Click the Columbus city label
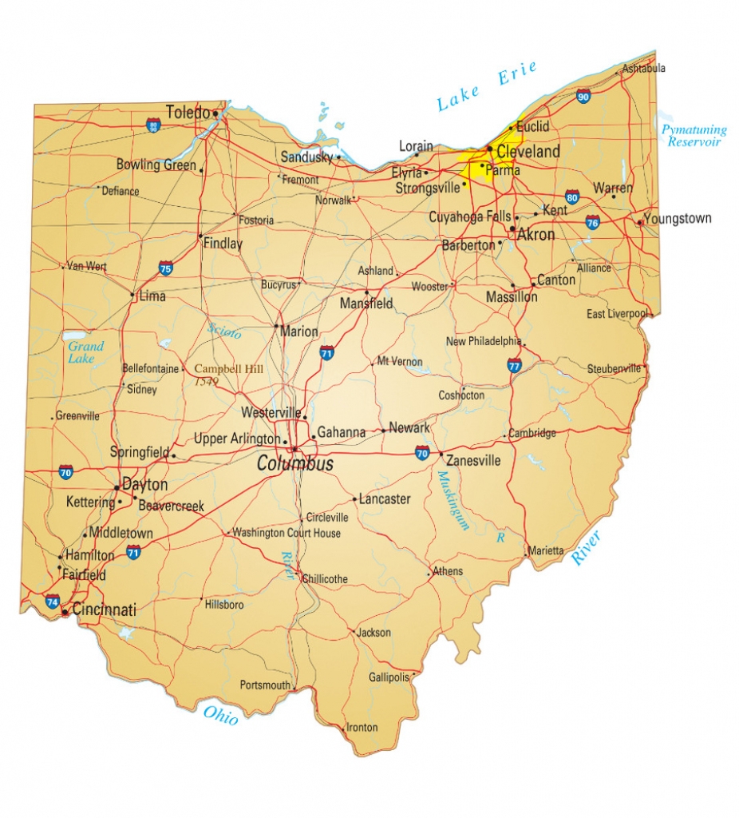[294, 464]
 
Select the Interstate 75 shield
[165, 268]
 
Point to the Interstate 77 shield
[515, 366]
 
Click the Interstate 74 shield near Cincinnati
[52, 601]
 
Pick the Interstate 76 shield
[593, 222]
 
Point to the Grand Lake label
[85, 352]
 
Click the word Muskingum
[452, 501]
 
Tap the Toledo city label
[188, 112]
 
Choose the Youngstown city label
[677, 219]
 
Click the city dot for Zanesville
[441, 454]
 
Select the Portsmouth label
[265, 685]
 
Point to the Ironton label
[362, 728]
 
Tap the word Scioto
[223, 330]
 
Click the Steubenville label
[614, 369]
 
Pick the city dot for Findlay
[200, 236]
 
